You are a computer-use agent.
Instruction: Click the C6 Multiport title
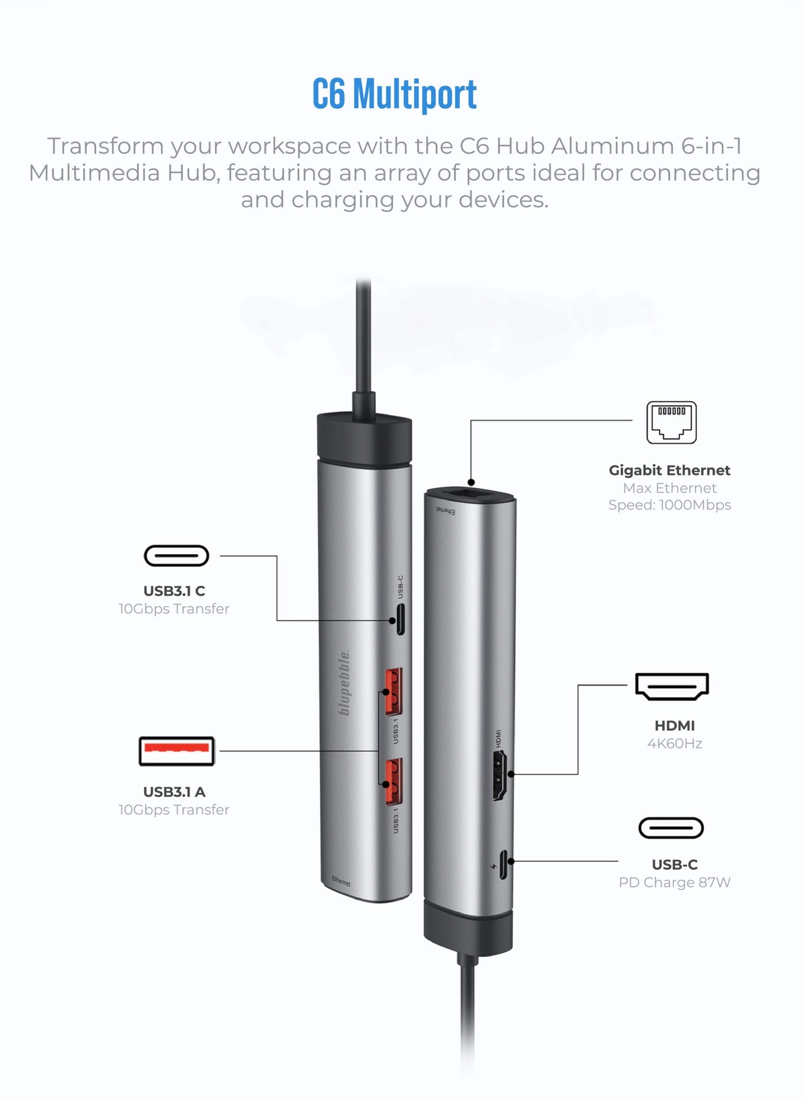pos(394,94)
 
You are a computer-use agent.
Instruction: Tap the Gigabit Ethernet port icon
pos(671,423)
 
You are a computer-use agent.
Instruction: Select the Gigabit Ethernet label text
pos(669,470)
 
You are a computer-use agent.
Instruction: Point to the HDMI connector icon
pos(672,686)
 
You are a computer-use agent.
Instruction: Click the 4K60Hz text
pos(674,743)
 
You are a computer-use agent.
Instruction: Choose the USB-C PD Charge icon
pos(671,828)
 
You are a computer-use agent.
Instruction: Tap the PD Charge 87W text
pos(674,882)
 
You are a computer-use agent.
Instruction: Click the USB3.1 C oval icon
pos(176,556)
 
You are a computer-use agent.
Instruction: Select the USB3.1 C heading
pos(174,591)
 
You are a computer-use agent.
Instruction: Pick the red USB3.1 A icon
pos(177,751)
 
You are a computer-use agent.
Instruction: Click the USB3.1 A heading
pos(174,792)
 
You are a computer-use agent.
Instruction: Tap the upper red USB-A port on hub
pos(393,690)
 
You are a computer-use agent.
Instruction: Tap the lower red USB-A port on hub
pos(393,781)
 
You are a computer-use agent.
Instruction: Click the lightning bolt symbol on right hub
pos(493,866)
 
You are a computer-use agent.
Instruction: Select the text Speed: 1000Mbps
pos(669,505)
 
